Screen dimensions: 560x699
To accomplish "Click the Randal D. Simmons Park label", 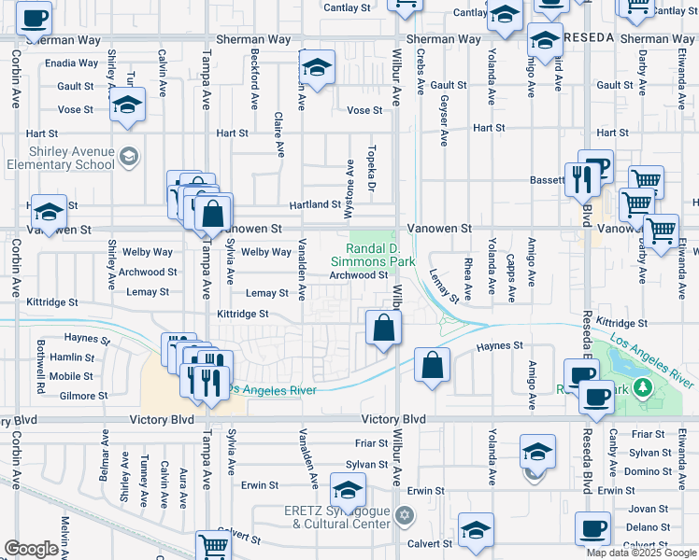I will (x=380, y=256).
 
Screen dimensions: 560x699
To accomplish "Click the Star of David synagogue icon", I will (x=404, y=514).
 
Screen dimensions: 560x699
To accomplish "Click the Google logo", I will (x=31, y=548).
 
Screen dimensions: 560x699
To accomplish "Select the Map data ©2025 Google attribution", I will (x=640, y=553).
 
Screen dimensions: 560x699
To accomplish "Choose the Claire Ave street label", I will (x=278, y=134).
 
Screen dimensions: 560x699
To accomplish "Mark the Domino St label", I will (x=643, y=471).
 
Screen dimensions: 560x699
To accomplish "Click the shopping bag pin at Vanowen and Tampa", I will (x=214, y=213).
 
